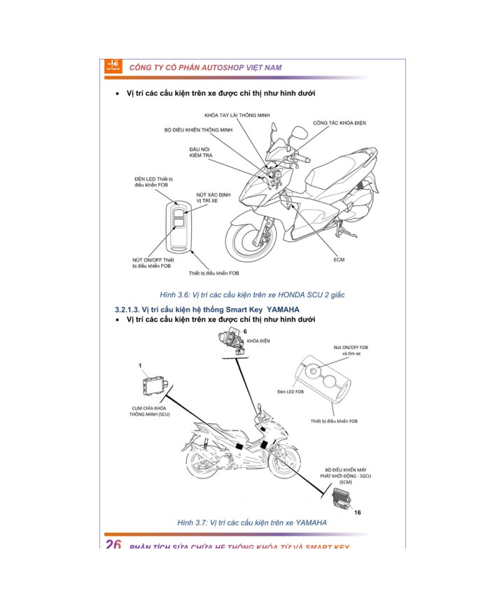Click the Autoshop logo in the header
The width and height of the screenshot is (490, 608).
click(x=113, y=66)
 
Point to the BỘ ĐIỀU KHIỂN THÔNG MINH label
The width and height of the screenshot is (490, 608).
click(x=198, y=130)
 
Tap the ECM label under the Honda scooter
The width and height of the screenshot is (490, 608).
click(x=339, y=260)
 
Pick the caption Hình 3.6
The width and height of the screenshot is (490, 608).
click(x=252, y=295)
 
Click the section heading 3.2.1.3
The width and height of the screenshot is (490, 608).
click(x=207, y=309)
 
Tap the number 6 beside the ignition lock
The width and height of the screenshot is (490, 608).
click(x=245, y=330)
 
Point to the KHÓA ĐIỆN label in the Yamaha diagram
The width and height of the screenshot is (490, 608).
click(x=258, y=341)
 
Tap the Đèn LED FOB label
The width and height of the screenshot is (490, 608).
click(x=291, y=392)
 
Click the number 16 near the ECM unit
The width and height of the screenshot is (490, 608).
click(x=358, y=512)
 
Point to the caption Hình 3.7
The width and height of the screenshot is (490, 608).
click(x=252, y=523)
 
